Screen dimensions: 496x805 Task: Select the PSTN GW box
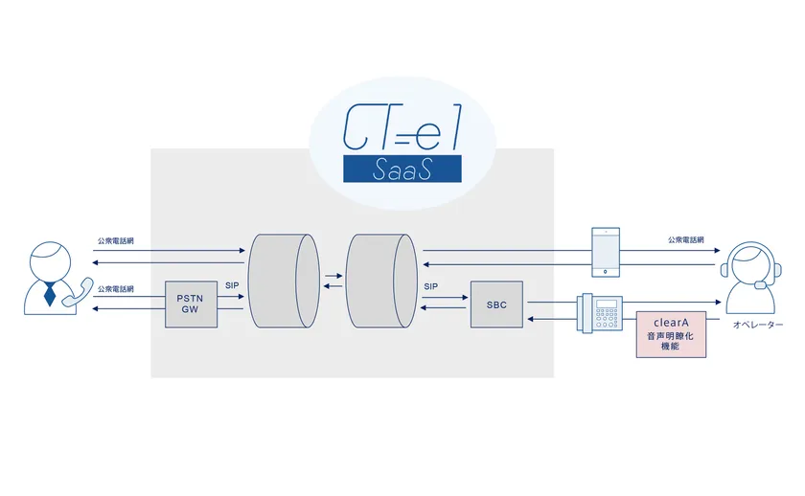190,304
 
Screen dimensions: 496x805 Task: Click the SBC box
496,304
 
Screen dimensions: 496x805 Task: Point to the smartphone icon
606,252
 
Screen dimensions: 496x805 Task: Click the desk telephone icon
600,312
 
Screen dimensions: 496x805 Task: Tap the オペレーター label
758,327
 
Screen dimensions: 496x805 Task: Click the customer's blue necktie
49,294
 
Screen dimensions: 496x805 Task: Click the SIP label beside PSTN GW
232,285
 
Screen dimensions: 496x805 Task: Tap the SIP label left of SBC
430,285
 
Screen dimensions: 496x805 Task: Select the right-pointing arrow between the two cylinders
333,276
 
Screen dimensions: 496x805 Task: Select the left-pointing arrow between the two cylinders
333,285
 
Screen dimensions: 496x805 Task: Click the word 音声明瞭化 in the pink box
671,338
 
